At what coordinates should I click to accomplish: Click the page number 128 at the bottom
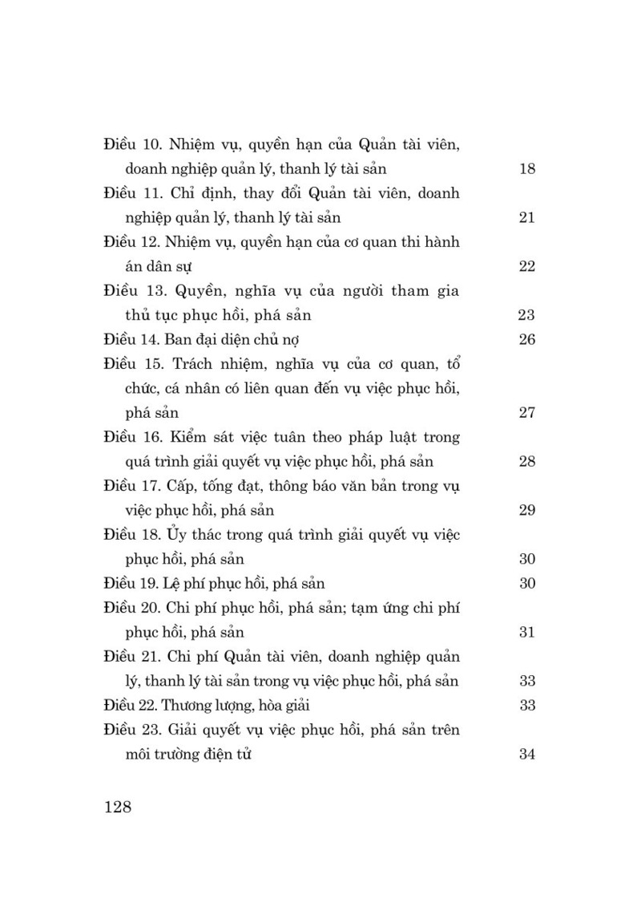tap(117, 806)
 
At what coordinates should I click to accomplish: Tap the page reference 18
tap(526, 169)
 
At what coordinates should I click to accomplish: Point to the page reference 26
tap(526, 339)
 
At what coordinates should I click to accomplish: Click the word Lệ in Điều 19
tap(179, 583)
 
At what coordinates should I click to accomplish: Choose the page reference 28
tap(526, 462)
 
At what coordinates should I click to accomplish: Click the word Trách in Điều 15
tap(194, 364)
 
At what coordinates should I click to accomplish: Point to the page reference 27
tap(526, 413)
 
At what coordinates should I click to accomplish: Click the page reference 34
tap(526, 755)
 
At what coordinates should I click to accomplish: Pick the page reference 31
tap(526, 633)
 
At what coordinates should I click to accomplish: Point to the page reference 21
tap(526, 217)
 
